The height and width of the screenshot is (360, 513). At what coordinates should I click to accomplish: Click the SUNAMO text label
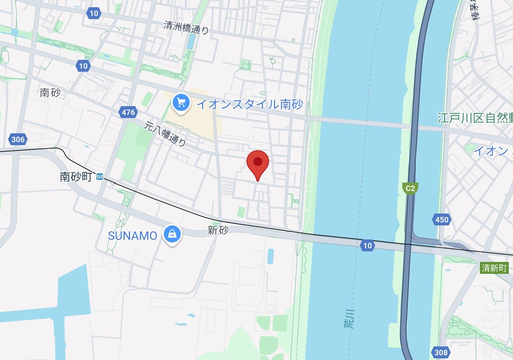click(132, 236)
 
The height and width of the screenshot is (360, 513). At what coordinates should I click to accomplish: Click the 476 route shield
click(128, 112)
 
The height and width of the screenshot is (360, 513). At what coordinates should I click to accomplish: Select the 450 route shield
click(441, 220)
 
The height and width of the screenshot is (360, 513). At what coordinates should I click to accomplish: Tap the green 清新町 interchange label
click(494, 268)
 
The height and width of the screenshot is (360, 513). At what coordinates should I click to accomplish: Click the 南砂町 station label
click(76, 177)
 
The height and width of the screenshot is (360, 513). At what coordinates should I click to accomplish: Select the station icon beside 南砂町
click(100, 177)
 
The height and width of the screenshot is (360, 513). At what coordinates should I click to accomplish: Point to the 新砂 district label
click(218, 231)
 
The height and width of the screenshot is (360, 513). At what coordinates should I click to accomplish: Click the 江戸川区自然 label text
click(474, 118)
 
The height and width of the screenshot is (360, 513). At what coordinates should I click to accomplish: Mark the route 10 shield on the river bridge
click(367, 245)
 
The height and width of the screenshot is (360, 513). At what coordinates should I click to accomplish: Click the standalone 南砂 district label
click(50, 93)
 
